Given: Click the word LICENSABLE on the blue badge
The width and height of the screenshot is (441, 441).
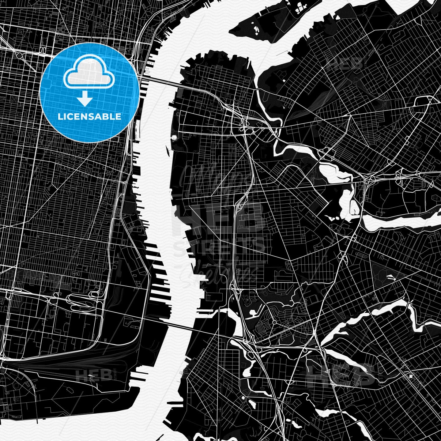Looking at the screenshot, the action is coord(89,117).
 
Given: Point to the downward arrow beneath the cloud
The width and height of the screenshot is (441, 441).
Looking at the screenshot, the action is coord(85,99).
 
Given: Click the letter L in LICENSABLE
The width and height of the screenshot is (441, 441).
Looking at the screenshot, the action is coord(60,117).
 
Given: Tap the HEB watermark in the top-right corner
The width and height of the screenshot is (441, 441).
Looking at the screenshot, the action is coord(345,64).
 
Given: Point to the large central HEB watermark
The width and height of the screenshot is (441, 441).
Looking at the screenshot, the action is coord(219,217).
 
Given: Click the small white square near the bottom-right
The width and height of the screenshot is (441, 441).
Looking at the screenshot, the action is coord(411,376).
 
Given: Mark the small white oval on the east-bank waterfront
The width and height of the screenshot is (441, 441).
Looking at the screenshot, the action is coord(175,138).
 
